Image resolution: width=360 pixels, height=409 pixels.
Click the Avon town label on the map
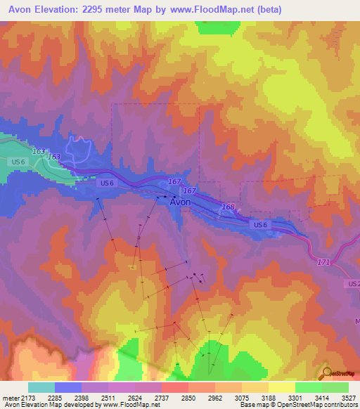181,201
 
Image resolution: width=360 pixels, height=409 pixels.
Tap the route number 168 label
227,207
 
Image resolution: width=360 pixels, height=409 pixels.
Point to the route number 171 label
323,261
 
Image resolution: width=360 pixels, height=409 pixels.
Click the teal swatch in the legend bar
41,387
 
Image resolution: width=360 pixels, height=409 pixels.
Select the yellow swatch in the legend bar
281,387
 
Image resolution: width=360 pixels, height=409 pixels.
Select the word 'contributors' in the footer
340,405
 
